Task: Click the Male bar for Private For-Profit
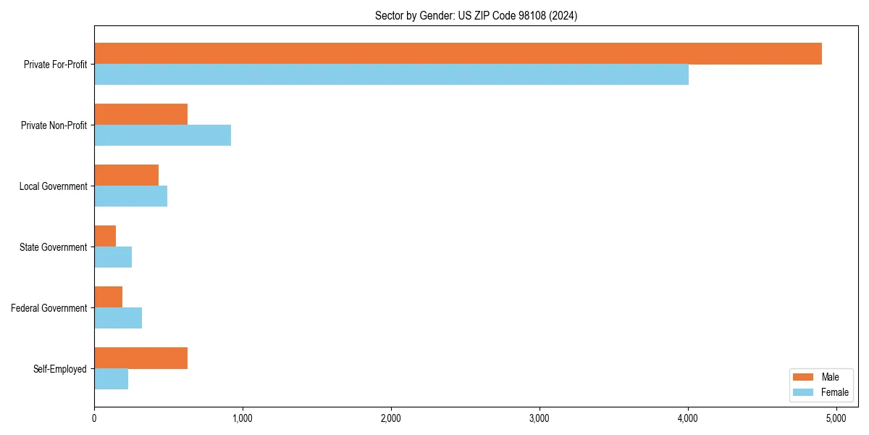coord(458,54)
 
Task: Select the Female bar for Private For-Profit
coord(391,75)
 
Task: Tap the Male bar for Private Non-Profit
coord(140,115)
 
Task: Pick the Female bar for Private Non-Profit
coord(162,136)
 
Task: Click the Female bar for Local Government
coord(130,196)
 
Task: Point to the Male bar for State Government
coord(105,236)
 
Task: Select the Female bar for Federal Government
coord(118,318)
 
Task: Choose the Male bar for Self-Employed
coord(140,358)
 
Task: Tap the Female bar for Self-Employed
coord(111,379)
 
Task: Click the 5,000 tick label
coord(836,418)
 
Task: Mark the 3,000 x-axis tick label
coord(540,418)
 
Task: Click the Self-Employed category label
coord(59,369)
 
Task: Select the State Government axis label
coord(53,247)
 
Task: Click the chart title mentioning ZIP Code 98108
coord(476,15)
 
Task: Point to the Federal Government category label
coord(49,308)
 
